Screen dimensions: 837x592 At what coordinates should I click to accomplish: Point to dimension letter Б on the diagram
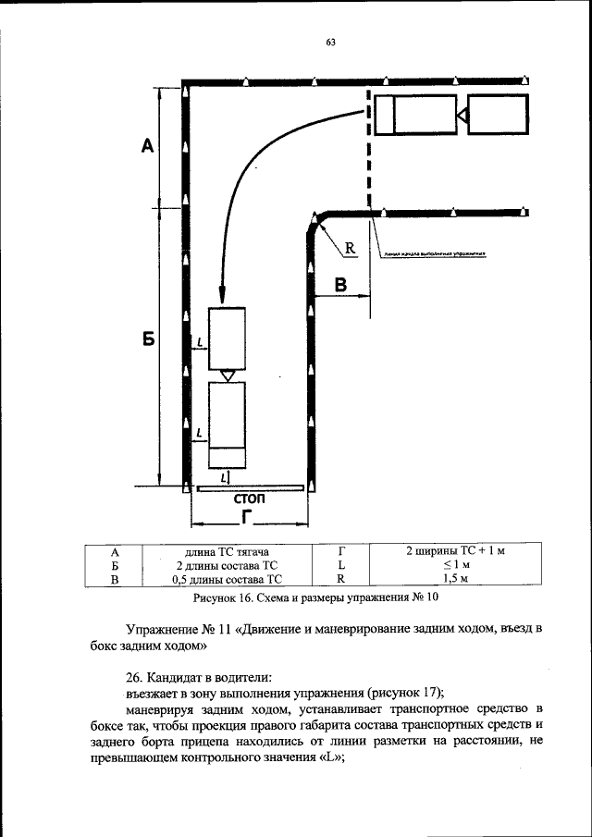(x=146, y=340)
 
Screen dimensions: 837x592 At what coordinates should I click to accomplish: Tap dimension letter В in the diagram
(x=340, y=285)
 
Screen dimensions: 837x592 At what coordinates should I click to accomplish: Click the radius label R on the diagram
(x=351, y=248)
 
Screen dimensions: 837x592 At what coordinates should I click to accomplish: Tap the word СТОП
(x=250, y=499)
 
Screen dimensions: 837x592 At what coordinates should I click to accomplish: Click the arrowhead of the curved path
(x=223, y=294)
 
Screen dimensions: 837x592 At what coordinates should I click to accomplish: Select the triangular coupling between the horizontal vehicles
(x=462, y=115)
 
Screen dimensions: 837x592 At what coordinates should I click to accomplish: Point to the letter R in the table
(x=341, y=579)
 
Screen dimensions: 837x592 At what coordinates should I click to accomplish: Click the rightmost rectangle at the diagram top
(x=498, y=115)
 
